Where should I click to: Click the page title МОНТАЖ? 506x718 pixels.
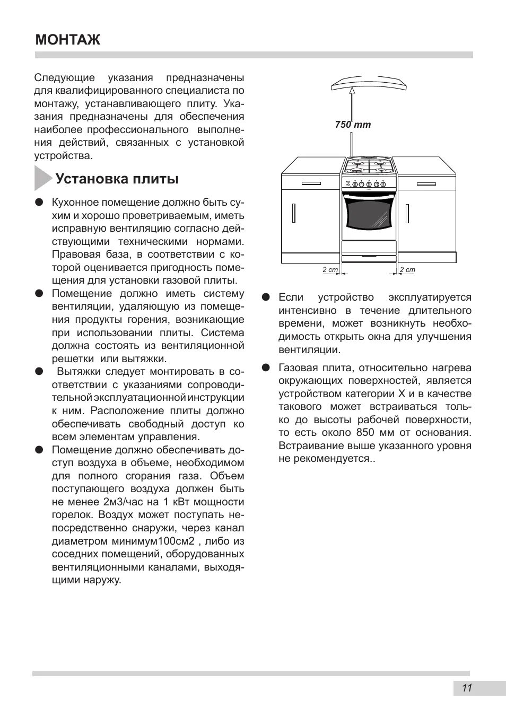67,40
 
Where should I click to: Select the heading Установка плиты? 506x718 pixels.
117,179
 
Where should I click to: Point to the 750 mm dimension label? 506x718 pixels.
353,125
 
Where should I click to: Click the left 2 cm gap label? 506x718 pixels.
330,270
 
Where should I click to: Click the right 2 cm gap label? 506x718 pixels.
407,270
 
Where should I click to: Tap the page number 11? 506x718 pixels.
467,688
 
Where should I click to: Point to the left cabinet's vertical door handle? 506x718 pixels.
293,212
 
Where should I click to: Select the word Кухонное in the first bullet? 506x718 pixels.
75,203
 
